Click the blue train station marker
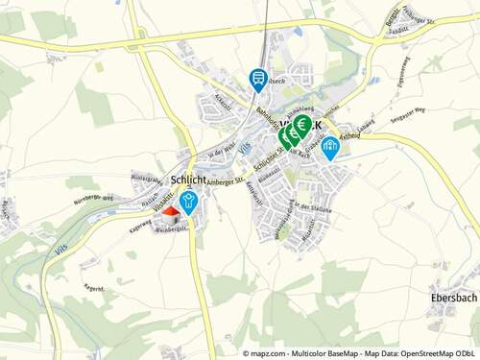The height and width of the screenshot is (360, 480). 258,79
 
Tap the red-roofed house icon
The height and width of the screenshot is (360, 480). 169,213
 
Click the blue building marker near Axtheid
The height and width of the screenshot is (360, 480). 330,147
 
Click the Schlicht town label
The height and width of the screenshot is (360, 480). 188,180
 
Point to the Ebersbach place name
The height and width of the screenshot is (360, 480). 448,298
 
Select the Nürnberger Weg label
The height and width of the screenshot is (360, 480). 95,201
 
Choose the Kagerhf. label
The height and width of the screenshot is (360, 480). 94,288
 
